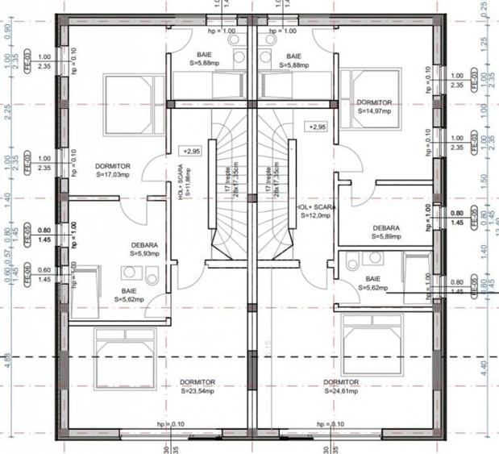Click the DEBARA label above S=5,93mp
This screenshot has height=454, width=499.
tap(144, 244)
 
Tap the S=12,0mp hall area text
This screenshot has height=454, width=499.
tap(317, 215)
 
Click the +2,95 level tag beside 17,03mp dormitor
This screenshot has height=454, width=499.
tap(192, 151)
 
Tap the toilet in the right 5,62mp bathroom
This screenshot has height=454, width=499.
tap(353, 262)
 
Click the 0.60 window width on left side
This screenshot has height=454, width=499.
tap(44, 270)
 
